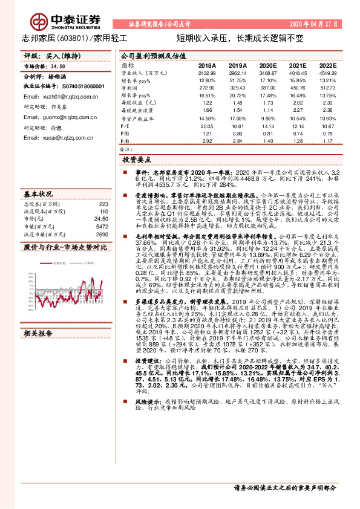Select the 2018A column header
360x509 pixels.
206,66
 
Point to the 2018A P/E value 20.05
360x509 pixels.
206,126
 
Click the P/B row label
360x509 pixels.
125,140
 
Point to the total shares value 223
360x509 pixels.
103,204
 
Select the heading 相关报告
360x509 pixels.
38,316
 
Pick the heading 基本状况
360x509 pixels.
38,195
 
